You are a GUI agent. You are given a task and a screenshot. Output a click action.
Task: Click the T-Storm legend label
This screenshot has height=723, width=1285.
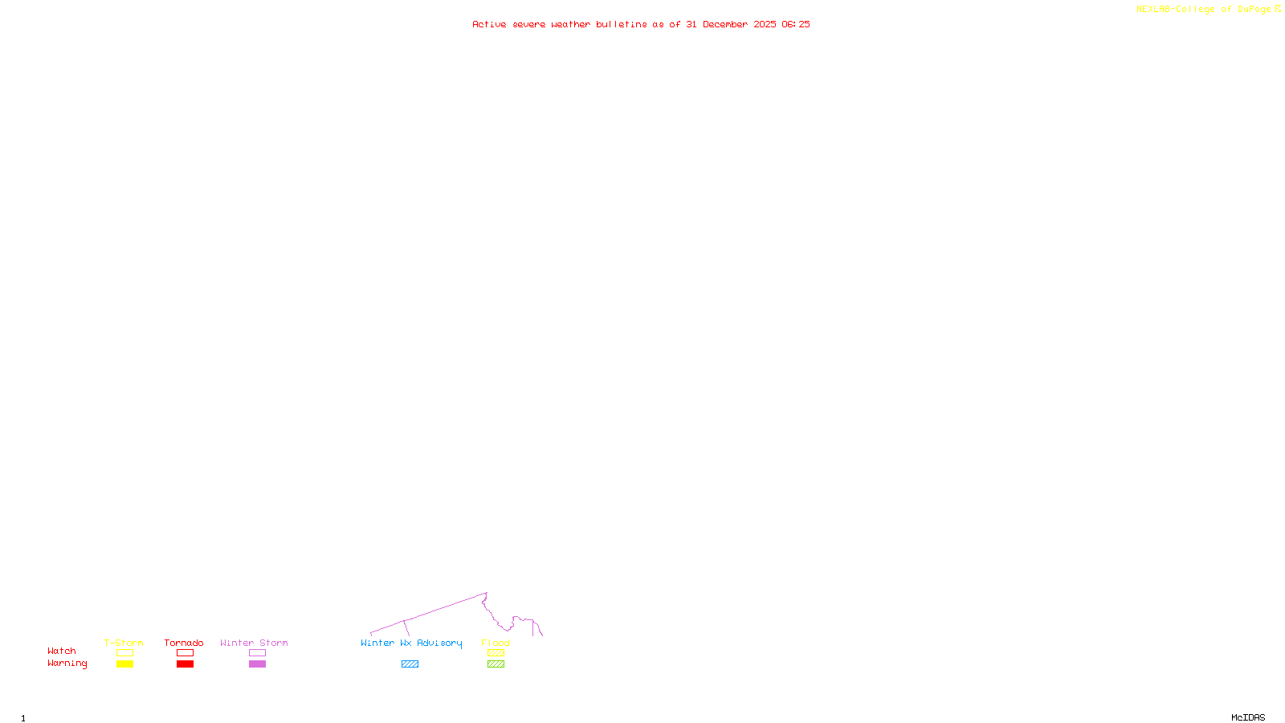click(124, 643)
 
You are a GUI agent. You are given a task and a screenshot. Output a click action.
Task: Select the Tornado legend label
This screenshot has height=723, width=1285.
click(184, 643)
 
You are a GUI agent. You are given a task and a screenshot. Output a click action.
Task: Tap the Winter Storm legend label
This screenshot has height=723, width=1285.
click(254, 643)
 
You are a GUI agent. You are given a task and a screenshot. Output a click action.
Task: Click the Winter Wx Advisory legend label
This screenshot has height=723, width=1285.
click(411, 643)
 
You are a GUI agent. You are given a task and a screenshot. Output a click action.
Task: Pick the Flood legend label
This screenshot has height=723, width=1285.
click(496, 643)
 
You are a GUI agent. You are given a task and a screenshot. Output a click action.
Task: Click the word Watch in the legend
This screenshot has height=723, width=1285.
click(62, 651)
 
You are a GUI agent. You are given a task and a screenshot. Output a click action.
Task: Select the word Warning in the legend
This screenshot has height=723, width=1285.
click(67, 664)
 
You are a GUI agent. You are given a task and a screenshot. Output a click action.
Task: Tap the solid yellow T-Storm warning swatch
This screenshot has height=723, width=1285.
click(124, 664)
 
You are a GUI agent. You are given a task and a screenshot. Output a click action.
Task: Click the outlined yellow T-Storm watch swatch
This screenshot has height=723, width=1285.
click(124, 653)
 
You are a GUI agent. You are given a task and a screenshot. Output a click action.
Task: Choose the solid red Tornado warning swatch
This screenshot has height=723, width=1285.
click(186, 664)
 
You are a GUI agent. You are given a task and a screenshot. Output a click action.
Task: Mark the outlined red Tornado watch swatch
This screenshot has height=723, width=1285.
click(186, 653)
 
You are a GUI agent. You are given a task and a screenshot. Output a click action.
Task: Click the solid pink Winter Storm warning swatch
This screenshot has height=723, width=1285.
click(257, 664)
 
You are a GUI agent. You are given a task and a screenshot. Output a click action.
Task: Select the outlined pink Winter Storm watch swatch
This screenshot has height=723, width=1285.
click(257, 653)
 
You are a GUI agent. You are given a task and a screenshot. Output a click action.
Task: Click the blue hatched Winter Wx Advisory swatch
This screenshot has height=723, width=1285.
click(410, 664)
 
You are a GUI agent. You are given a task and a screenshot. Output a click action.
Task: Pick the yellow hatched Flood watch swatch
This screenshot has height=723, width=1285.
click(496, 653)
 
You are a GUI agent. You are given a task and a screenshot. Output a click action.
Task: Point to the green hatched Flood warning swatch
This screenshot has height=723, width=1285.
click(496, 664)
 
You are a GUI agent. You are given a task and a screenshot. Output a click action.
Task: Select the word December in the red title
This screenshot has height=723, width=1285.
click(725, 24)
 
